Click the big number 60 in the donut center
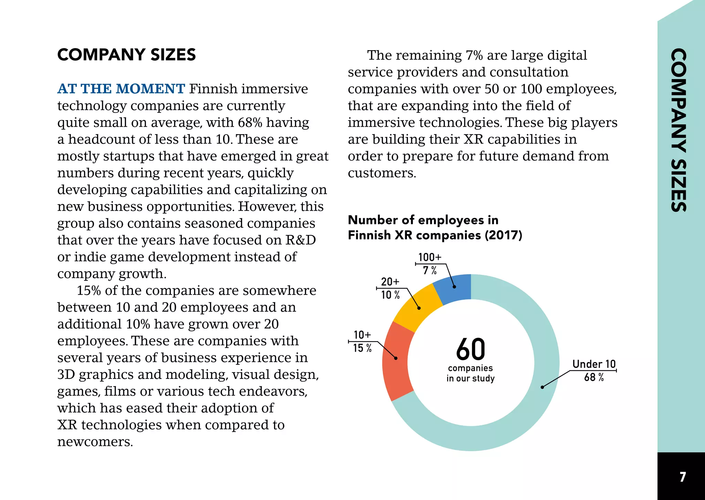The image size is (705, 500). (471, 349)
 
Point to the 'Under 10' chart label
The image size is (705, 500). (594, 364)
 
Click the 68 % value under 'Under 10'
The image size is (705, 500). (594, 377)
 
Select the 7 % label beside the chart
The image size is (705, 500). (430, 270)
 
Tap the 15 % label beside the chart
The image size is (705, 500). (362, 348)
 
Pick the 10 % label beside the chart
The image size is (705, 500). (390, 295)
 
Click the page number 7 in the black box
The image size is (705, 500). (683, 477)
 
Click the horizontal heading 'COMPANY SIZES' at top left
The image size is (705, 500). (127, 55)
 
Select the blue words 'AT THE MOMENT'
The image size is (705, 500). (121, 89)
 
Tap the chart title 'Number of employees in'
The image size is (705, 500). (423, 220)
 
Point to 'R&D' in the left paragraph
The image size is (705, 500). (301, 240)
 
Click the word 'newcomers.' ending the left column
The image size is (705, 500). (95, 442)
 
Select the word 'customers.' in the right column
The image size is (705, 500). (382, 173)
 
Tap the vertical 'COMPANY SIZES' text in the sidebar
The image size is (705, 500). (679, 130)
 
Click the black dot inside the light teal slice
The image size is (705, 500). (542, 387)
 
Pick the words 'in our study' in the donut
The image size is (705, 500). (471, 379)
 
